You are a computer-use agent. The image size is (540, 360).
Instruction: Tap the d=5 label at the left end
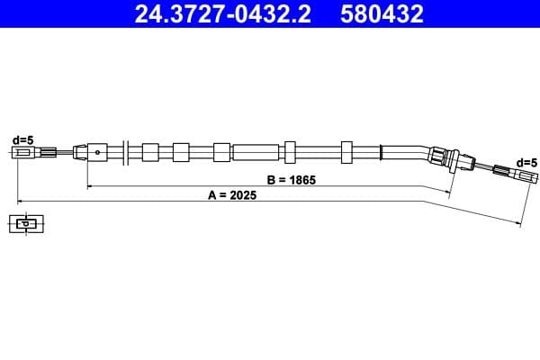tap(22, 139)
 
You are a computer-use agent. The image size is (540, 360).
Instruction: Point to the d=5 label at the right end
tap(526, 162)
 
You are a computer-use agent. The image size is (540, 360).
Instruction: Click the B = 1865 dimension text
tap(290, 179)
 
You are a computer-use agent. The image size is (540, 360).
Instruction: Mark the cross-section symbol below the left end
tap(26, 224)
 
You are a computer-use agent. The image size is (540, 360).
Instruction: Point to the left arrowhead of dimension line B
tap(90, 185)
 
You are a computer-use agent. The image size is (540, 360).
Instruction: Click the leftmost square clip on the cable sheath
tap(150, 151)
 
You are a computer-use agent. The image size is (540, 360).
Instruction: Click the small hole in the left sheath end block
tap(94, 152)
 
